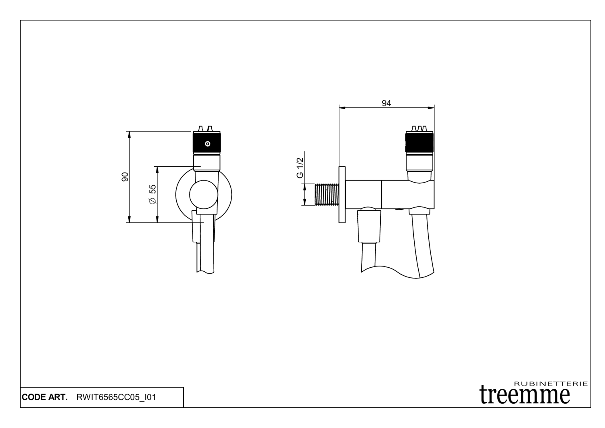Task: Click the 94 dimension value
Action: click(x=386, y=103)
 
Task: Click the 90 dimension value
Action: click(x=125, y=177)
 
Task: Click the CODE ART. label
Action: click(x=45, y=397)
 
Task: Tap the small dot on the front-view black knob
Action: click(x=207, y=143)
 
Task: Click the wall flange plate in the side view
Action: click(x=342, y=194)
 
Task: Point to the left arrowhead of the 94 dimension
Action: click(x=341, y=108)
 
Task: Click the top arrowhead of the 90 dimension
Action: click(x=129, y=133)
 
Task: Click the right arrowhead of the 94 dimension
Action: click(x=432, y=108)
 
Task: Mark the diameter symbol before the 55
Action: click(x=152, y=201)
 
